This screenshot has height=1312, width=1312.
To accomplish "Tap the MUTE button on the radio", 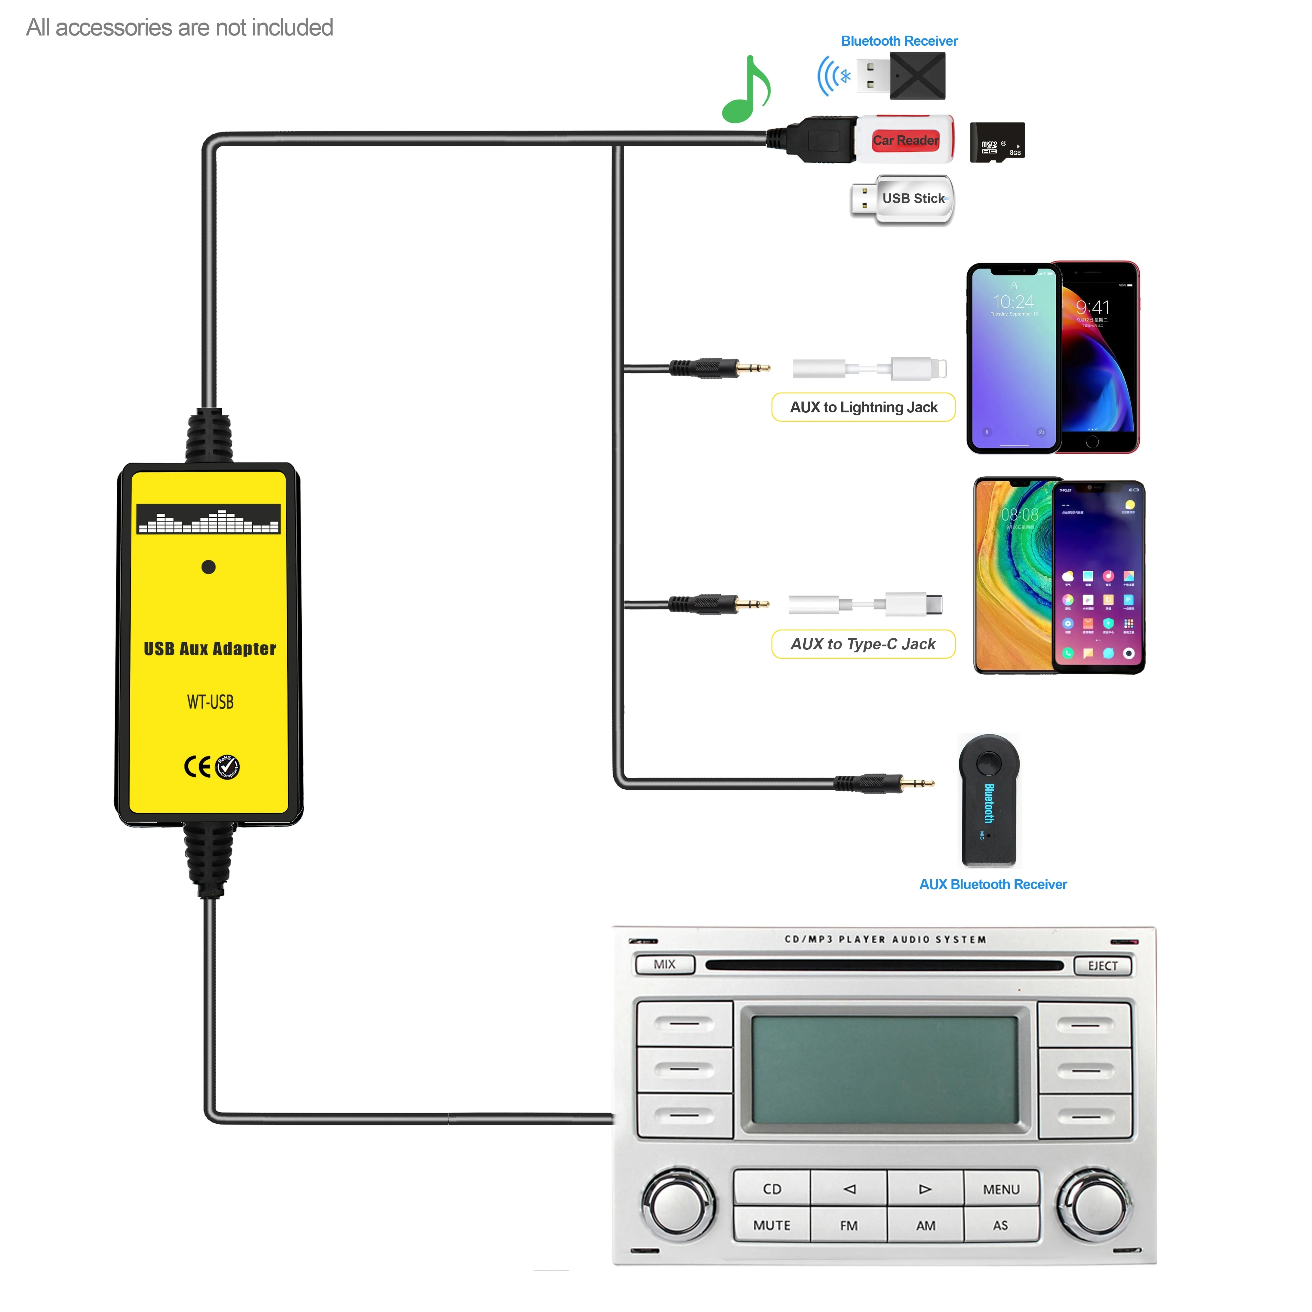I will coord(771,1225).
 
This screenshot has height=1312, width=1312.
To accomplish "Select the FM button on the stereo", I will coord(848,1225).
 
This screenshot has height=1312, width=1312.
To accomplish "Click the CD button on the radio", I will coord(771,1188).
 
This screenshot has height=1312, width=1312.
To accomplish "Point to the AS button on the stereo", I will coord(1000,1225).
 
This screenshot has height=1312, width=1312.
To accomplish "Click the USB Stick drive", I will coord(903,199).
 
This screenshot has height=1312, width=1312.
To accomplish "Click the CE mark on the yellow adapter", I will coord(197,767).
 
